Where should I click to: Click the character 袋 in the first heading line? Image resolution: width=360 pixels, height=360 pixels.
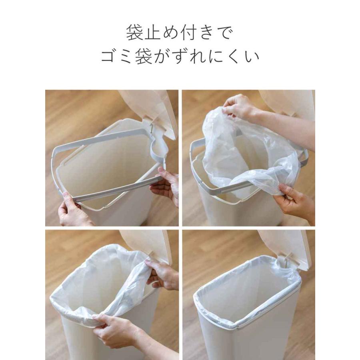[x=135, y=33]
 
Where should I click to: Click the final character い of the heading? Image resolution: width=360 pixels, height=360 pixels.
[x=252, y=57]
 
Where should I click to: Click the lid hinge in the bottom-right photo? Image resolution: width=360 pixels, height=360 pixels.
[x=287, y=262]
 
